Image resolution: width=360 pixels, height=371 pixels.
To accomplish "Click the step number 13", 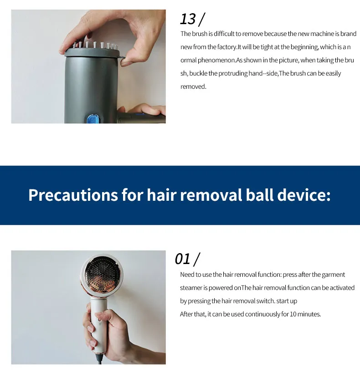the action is (188, 19).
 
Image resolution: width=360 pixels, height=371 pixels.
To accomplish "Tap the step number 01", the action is (182, 259).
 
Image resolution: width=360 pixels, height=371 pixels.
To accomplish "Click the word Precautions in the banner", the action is (73, 195).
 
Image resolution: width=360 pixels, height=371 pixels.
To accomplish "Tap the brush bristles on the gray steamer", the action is (95, 45).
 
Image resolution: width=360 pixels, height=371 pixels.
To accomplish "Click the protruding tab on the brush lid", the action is (122, 58).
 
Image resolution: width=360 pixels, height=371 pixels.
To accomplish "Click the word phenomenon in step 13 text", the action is (216, 60).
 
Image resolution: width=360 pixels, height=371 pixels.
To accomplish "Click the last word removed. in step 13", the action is (193, 86).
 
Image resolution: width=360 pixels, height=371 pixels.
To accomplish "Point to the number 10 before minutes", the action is (293, 314).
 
